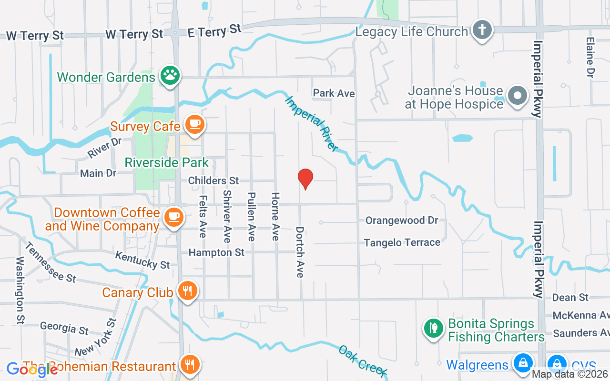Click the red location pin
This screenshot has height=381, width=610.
(305, 179)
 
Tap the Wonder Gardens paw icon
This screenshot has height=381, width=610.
(170, 75)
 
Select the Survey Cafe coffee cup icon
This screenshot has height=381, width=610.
(194, 124)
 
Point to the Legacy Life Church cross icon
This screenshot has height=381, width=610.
(482, 30)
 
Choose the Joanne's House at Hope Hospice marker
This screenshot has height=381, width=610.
(517, 95)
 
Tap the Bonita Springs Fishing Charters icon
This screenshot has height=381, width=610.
(433, 328)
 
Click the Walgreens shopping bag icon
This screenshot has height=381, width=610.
(523, 363)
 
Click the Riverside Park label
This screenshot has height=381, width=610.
(166, 162)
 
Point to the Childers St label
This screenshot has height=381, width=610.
(213, 180)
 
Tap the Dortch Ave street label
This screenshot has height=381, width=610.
(300, 252)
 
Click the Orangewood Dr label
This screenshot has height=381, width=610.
(402, 221)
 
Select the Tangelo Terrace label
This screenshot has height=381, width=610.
(402, 242)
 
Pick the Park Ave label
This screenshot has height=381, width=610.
(334, 93)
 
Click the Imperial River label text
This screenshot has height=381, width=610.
(312, 123)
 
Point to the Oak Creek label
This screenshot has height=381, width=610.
(362, 361)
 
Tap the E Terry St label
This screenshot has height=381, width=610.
(214, 30)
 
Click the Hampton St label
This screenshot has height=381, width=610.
(216, 252)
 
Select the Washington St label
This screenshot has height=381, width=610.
(20, 290)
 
